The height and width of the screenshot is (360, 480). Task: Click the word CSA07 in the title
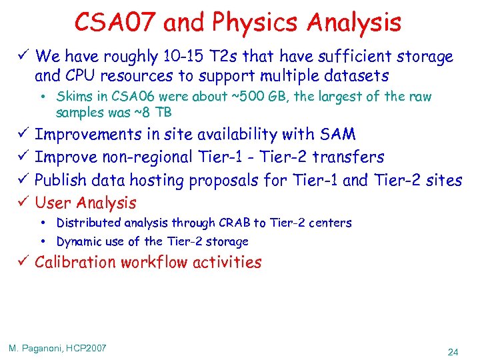click(x=115, y=23)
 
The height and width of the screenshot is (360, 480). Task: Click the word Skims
click(x=71, y=97)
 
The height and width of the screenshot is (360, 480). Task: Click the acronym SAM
click(x=338, y=135)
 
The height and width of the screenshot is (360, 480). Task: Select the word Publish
click(x=63, y=180)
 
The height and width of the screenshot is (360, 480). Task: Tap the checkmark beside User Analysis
click(x=22, y=203)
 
